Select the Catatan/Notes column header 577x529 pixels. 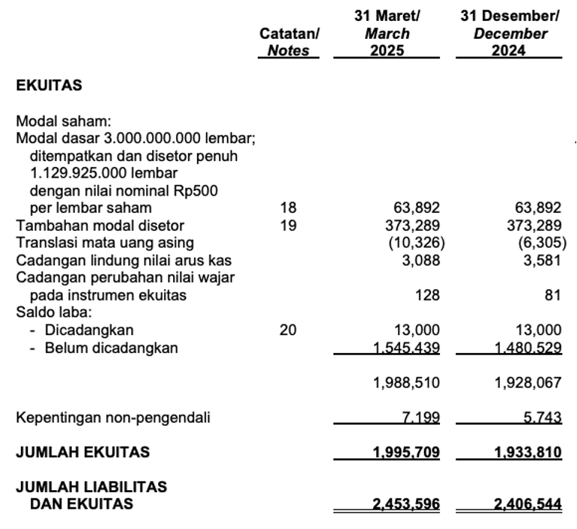coord(288,43)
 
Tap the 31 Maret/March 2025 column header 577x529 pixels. coord(387,34)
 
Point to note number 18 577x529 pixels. coord(288,208)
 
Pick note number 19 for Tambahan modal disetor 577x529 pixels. coord(288,225)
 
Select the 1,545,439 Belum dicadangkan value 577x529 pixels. coord(406,348)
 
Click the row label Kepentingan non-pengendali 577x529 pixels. coord(113,418)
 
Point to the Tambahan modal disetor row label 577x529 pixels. coord(100,225)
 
